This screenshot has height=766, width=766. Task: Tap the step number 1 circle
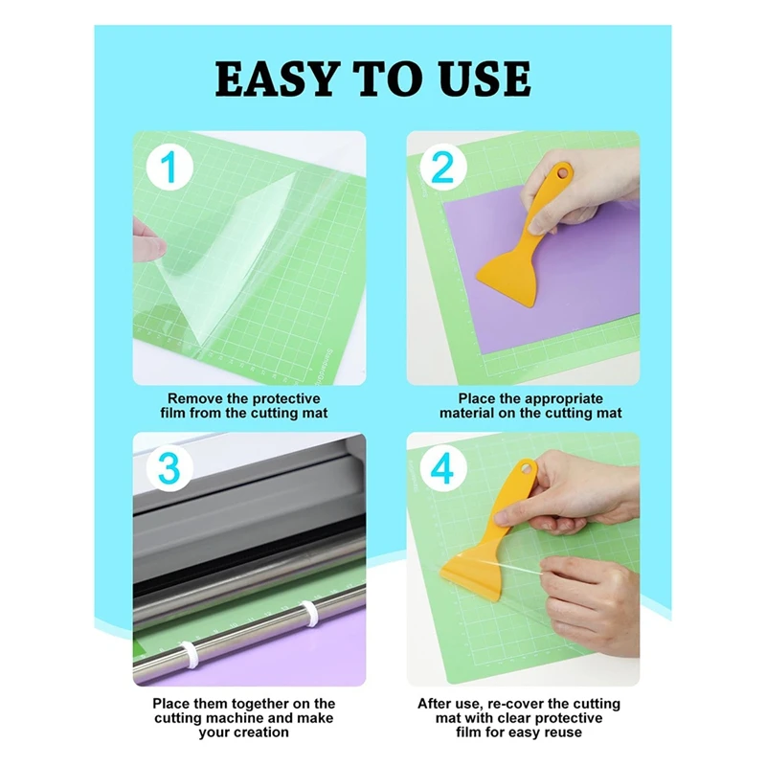[x=169, y=169]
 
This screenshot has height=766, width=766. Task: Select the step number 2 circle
[x=442, y=169]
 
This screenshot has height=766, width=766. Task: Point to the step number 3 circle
[x=169, y=469]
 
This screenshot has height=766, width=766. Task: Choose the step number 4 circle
[x=442, y=469]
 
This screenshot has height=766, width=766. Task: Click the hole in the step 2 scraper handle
[x=563, y=174]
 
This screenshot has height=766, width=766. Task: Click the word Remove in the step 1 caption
[x=195, y=398]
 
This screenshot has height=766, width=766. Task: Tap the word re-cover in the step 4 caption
[x=513, y=704]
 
